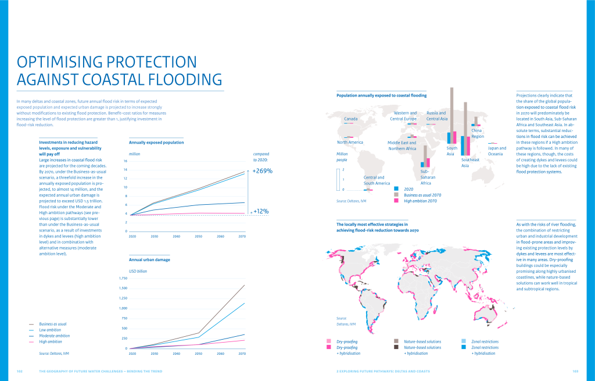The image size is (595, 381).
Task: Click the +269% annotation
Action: [263, 171]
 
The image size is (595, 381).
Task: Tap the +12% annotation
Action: [260, 211]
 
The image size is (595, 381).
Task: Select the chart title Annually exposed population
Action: [156, 142]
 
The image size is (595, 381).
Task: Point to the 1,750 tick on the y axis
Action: [123, 279]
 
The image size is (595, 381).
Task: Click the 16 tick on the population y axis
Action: [125, 161]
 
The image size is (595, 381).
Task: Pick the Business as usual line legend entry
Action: [52, 323]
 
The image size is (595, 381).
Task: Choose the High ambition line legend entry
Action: [51, 341]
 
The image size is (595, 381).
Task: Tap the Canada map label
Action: [350, 119]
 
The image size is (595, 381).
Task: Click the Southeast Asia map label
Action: [469, 162]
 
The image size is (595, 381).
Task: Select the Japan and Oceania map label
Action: [496, 151]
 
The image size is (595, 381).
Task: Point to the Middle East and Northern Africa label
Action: [402, 145]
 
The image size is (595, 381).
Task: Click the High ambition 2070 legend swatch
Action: [397, 200]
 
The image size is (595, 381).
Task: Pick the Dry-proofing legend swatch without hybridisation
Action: [330, 341]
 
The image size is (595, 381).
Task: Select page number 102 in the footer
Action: [19, 371]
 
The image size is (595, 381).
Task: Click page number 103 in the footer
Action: [575, 371]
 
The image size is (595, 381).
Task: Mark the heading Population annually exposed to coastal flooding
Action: [382, 95]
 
